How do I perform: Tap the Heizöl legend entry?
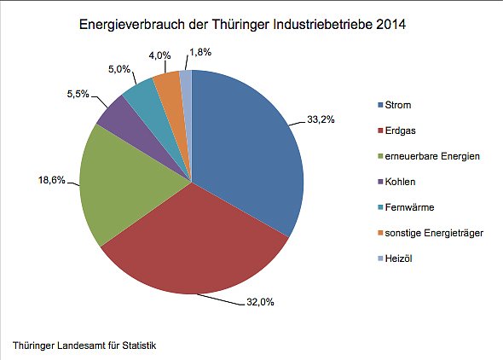coord(397,258)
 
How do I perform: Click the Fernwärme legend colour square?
coord(379,206)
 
